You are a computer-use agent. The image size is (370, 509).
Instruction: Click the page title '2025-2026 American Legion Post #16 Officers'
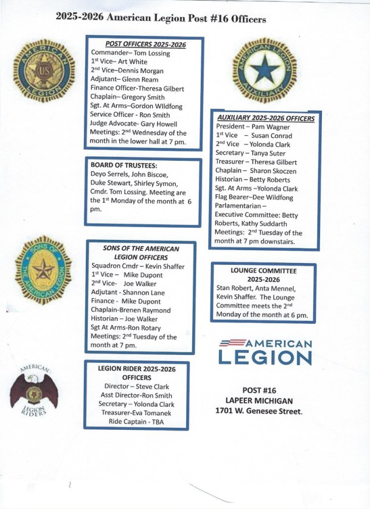tap(160, 19)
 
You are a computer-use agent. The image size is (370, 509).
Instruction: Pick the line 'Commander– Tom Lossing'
tap(130, 54)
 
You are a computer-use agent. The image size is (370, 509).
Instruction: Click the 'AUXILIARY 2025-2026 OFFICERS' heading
tap(266, 118)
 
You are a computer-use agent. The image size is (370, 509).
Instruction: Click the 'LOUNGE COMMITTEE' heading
tap(264, 269)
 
